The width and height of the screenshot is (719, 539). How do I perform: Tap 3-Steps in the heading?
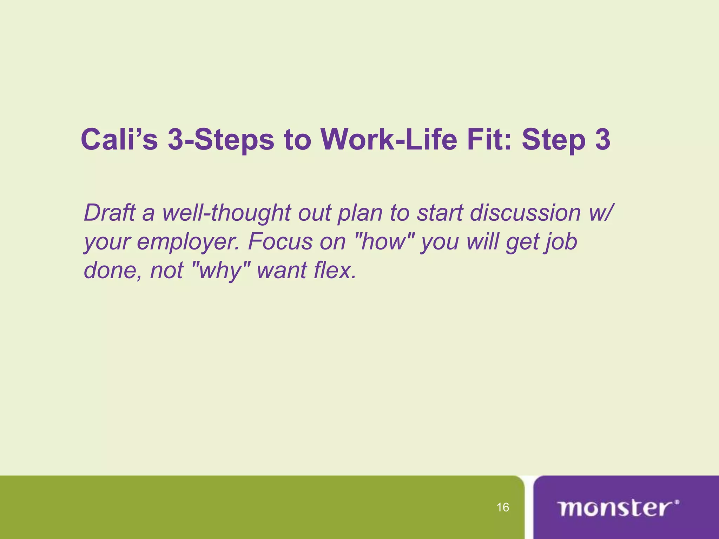click(x=220, y=140)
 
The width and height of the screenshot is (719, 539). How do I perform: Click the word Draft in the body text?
click(x=110, y=213)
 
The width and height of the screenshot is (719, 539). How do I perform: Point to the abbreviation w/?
click(x=601, y=213)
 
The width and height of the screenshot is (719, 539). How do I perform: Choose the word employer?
click(x=188, y=242)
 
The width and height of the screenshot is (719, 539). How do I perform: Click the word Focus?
click(x=280, y=241)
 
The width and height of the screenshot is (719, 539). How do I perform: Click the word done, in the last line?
click(x=112, y=270)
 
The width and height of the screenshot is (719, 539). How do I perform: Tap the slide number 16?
click(x=503, y=507)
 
